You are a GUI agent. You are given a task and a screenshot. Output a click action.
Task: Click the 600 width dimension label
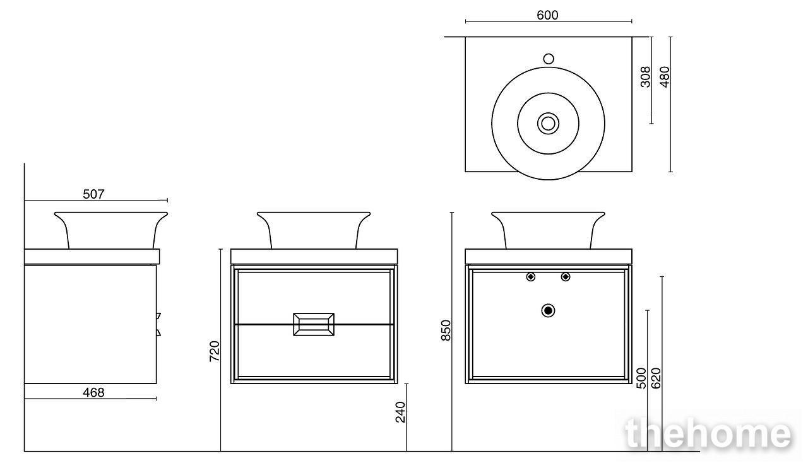[x=547, y=15]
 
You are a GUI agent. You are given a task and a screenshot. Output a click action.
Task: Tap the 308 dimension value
[x=645, y=77]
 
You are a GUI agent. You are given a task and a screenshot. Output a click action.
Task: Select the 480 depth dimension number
[x=665, y=77]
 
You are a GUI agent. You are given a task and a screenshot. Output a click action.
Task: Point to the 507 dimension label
[x=93, y=194]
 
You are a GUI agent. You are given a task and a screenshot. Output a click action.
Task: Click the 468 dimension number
[x=93, y=392]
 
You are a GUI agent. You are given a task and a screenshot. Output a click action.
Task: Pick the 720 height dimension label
[x=214, y=351]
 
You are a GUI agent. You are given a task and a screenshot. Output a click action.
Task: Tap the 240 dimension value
[x=400, y=412]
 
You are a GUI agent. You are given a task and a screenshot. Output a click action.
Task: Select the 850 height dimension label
[x=446, y=331]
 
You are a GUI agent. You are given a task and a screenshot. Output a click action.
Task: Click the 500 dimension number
[x=641, y=378]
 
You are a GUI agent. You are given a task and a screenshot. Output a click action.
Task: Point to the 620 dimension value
[x=656, y=378]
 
